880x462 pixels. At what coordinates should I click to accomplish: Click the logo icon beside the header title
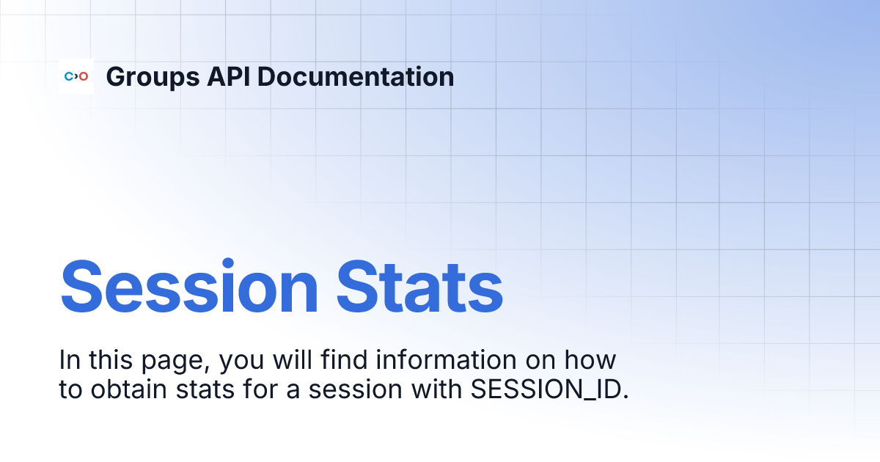[76, 76]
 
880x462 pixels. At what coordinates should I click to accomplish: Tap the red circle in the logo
[84, 76]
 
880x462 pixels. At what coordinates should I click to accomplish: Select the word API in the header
[226, 76]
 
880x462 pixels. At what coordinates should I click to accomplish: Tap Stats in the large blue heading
[420, 286]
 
